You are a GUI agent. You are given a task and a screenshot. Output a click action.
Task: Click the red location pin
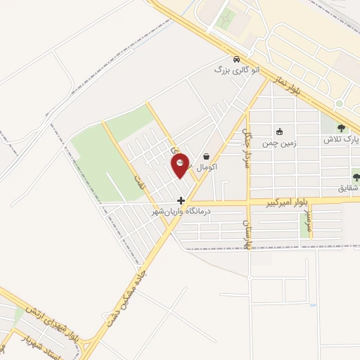(181, 164)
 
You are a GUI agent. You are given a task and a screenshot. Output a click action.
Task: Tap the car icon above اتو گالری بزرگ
(238, 60)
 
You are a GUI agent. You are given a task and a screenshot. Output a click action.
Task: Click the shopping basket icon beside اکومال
(206, 157)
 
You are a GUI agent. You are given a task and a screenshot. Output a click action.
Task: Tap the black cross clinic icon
(181, 200)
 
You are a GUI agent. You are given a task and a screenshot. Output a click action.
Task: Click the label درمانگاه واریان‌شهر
(181, 210)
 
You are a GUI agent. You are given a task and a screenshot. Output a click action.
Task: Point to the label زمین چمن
(279, 142)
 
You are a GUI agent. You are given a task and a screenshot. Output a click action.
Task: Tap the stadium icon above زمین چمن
(279, 131)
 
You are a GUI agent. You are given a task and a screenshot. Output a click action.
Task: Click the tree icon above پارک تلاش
(341, 128)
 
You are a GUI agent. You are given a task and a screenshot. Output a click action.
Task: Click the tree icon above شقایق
(354, 177)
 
